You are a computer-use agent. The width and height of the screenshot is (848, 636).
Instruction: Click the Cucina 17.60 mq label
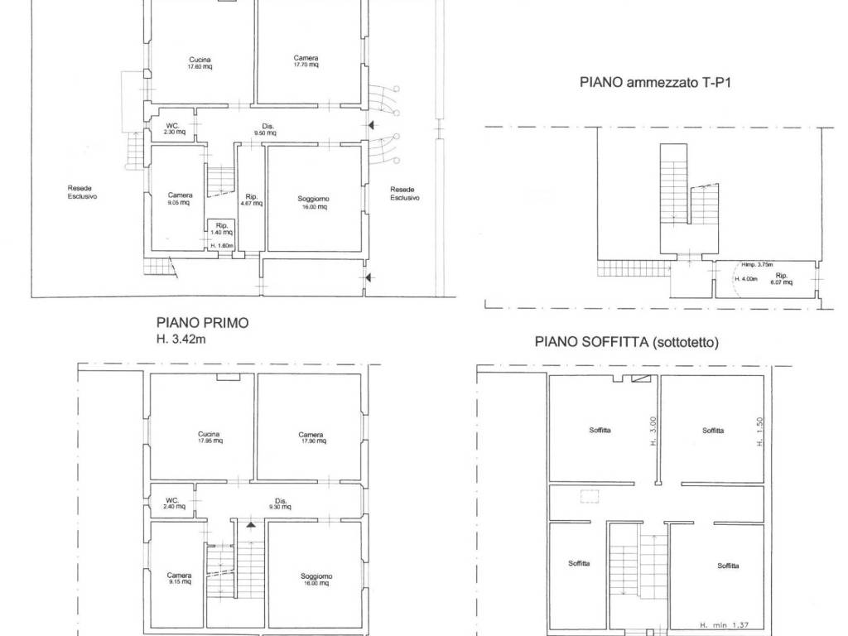[199, 62]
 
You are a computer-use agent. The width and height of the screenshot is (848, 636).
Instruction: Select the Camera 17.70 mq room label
[306, 61]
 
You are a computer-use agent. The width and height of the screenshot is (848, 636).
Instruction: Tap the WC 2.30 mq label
[174, 128]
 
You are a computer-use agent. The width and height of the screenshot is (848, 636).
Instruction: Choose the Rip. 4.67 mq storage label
[251, 200]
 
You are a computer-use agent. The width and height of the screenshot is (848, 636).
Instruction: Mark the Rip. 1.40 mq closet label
[222, 229]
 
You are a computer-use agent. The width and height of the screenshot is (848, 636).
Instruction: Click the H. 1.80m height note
[222, 246]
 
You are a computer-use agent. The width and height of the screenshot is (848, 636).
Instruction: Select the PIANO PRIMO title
[202, 323]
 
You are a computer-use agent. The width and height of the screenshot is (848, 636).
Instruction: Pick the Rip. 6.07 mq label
[781, 278]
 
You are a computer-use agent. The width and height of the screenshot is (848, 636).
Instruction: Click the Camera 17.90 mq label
[311, 438]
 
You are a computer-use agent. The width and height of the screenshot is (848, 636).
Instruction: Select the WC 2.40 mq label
[175, 503]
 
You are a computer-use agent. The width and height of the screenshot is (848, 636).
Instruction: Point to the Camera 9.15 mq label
[179, 578]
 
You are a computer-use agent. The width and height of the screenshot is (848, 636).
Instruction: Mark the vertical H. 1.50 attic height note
[759, 431]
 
